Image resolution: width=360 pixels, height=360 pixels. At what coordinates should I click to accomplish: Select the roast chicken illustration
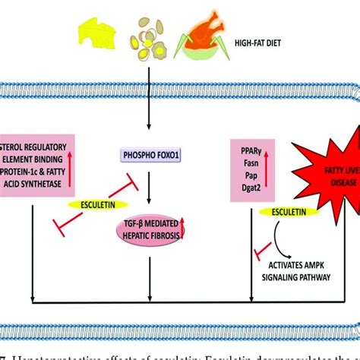[201, 38]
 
